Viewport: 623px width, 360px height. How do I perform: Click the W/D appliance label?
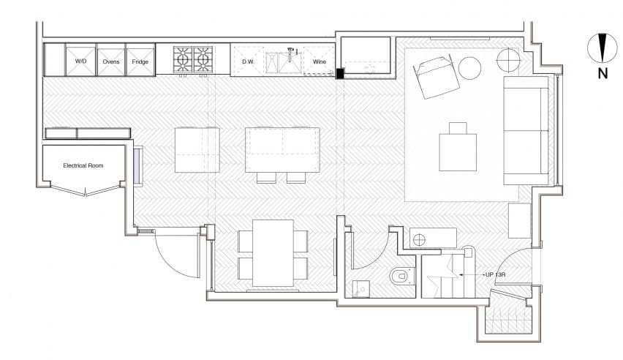[80, 61]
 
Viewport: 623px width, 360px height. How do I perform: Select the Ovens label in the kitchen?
[111, 61]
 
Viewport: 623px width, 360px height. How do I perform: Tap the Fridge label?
[140, 61]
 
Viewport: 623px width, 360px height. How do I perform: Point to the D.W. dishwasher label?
[249, 61]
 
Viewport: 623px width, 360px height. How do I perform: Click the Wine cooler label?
[319, 61]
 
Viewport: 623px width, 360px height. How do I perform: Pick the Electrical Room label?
[83, 165]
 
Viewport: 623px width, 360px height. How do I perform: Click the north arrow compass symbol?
[603, 48]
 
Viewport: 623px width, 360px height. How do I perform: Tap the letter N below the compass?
[603, 74]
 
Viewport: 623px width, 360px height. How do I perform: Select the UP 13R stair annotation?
[496, 274]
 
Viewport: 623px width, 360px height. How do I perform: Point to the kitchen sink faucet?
[291, 52]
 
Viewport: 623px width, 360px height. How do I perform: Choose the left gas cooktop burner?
[183, 60]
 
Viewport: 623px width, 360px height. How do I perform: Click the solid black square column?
[340, 73]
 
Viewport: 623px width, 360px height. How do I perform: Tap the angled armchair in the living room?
[437, 78]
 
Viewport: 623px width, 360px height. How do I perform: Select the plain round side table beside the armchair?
[469, 68]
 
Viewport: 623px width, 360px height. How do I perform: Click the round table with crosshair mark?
[508, 60]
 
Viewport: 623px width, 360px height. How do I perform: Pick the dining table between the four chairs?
[273, 252]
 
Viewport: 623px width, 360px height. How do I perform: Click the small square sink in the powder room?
[361, 288]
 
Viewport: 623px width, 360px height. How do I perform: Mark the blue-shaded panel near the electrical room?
[137, 165]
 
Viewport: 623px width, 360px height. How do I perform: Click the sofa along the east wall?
[526, 130]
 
